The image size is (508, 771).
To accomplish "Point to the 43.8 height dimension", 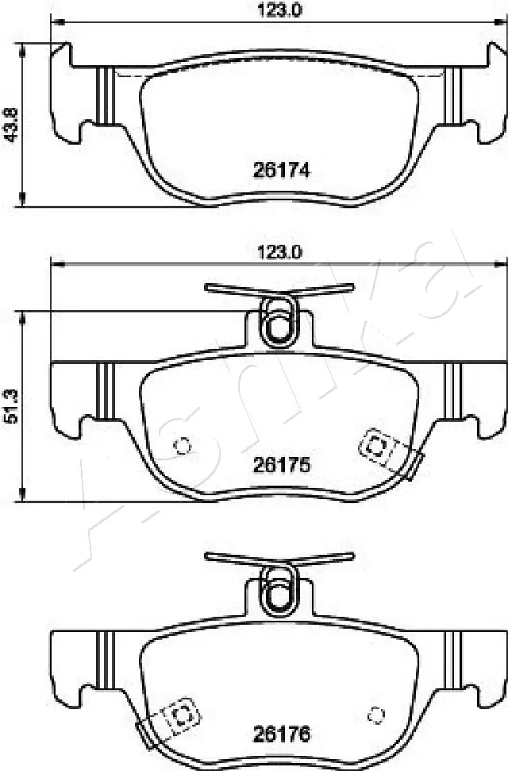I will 11,124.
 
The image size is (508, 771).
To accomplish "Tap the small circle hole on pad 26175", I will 183,446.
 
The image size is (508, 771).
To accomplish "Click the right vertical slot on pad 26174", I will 452,96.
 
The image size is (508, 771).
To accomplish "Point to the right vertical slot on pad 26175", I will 452,389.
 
